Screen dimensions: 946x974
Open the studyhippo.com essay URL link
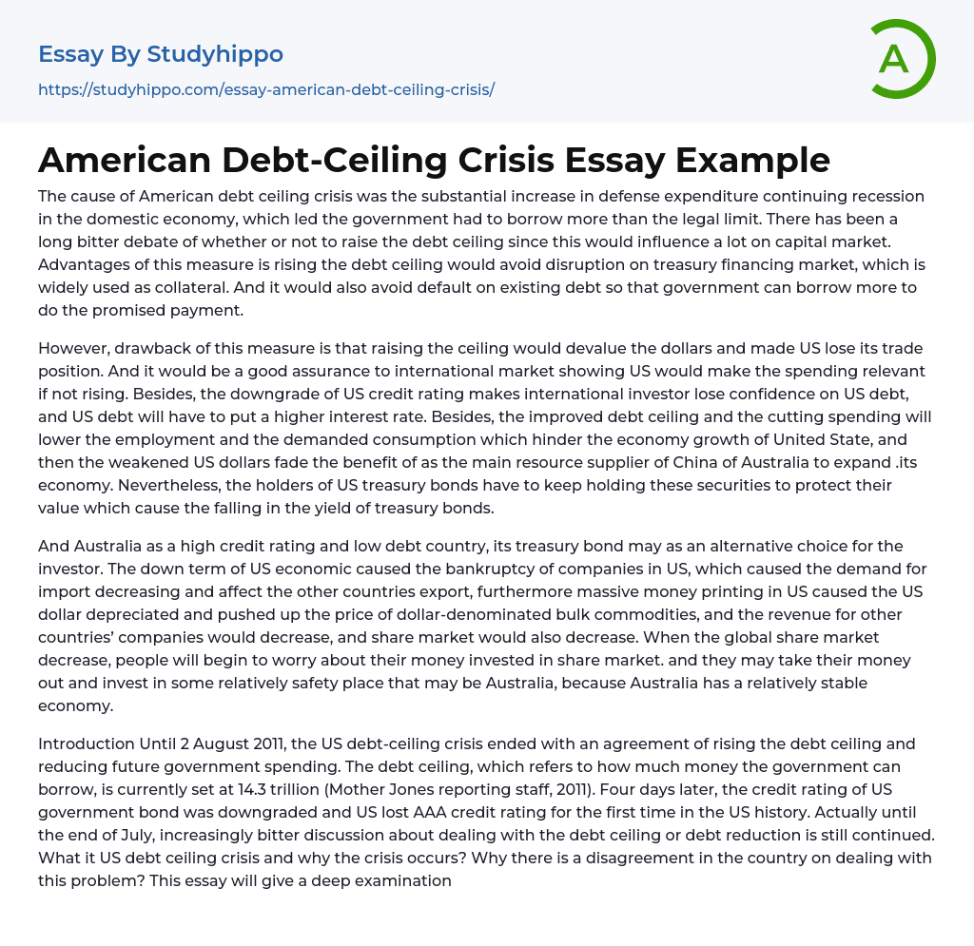pos(266,90)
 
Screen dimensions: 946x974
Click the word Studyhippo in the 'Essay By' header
pos(215,55)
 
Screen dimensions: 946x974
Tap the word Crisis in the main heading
pos(499,160)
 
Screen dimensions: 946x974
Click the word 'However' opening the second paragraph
pos(73,348)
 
